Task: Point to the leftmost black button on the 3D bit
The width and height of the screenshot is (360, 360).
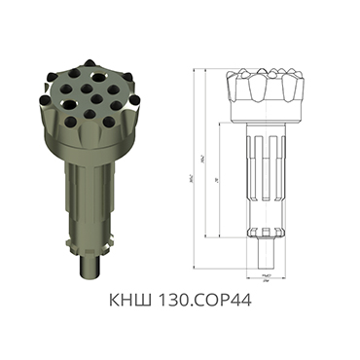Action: coord(46,96)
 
